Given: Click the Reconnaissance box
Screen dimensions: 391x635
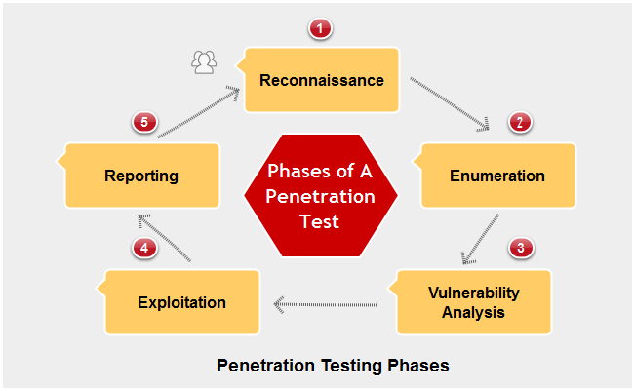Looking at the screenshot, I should (x=322, y=80).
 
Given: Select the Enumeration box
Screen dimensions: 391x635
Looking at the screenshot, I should (x=497, y=176).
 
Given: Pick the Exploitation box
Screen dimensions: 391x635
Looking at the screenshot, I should (x=182, y=302).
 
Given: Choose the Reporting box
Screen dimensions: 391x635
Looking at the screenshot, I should (x=142, y=176).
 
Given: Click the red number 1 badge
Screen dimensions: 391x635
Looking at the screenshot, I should (x=320, y=28).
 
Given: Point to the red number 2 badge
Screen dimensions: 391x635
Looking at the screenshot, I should (x=520, y=123).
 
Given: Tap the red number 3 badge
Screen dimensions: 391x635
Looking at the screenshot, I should (x=521, y=248).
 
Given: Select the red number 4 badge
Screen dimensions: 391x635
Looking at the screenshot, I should (x=144, y=248).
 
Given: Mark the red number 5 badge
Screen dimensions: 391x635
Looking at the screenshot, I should (x=144, y=123).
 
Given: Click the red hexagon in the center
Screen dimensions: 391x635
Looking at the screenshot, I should (x=320, y=196).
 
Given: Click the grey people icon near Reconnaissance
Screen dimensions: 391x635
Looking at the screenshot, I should (x=204, y=63).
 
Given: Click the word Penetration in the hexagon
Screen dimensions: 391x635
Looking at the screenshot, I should (x=320, y=196).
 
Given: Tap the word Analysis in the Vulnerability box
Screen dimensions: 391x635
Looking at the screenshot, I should (x=473, y=313).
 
